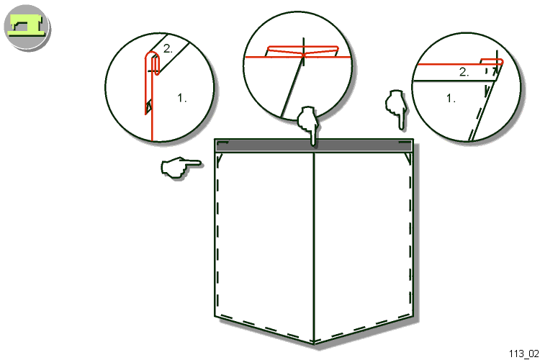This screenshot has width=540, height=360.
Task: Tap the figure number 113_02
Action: click(x=523, y=354)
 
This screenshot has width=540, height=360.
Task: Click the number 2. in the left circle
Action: click(x=168, y=49)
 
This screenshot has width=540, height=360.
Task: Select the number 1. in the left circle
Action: click(x=182, y=98)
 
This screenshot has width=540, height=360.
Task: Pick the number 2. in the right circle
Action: click(x=464, y=72)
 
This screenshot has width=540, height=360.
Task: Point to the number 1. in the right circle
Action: click(x=451, y=99)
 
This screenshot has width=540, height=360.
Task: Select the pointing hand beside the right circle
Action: click(x=397, y=109)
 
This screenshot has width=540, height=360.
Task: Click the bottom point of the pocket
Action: click(x=314, y=343)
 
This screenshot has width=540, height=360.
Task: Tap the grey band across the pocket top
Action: click(x=313, y=146)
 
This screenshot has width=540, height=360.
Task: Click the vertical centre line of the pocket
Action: click(x=314, y=248)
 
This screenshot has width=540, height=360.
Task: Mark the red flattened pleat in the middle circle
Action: click(x=302, y=51)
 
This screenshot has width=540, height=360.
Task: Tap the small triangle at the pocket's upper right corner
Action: click(x=408, y=158)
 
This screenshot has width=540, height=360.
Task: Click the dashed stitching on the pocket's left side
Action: click(x=218, y=234)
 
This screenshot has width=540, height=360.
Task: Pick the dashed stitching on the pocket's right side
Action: click(x=410, y=234)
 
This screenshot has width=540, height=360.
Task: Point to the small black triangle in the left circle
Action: click(x=149, y=107)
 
